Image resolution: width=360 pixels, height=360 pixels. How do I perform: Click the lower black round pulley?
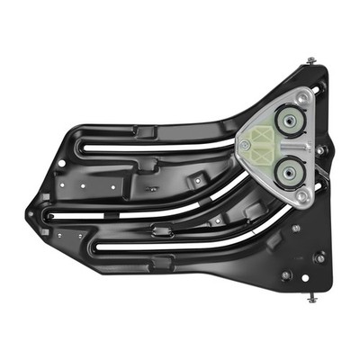288,168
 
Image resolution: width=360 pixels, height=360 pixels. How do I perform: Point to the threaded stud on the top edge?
310,61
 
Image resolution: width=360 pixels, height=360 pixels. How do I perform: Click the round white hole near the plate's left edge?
60,164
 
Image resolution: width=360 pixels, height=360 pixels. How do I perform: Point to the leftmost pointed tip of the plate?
28,215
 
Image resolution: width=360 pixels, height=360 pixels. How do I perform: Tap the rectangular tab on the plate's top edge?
148,131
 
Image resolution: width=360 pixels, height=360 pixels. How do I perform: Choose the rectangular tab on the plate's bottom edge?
162,263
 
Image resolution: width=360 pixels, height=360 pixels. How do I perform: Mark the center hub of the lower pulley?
288,168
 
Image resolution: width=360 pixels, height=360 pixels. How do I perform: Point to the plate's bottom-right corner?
329,288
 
